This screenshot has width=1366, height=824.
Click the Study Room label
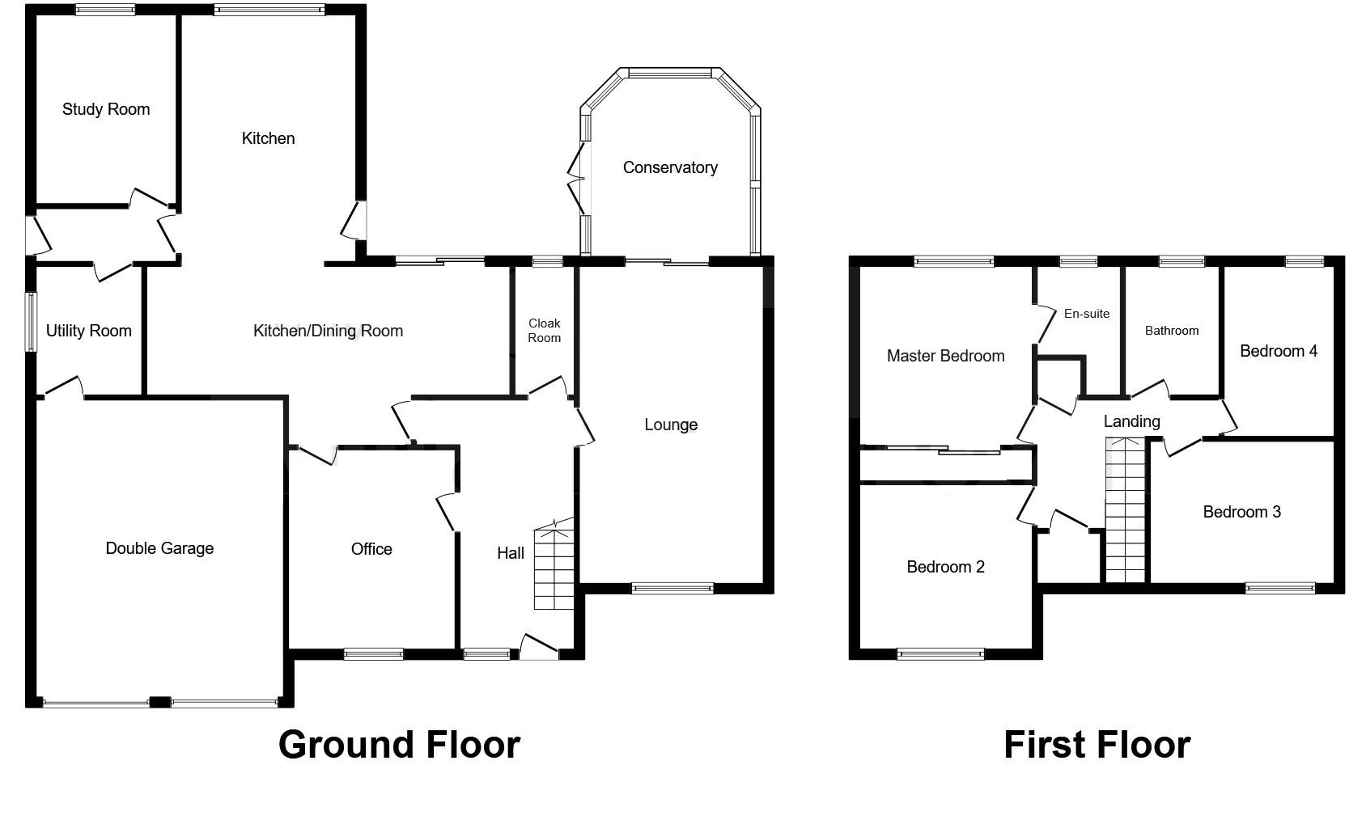[x=106, y=109]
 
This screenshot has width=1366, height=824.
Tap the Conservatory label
[x=670, y=167]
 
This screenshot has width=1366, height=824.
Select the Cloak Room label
[x=545, y=331]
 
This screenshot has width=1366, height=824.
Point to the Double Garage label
[x=159, y=548]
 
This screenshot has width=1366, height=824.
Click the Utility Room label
[x=88, y=331]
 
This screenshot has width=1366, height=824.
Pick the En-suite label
[x=1087, y=314]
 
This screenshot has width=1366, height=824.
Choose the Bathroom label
[x=1172, y=331]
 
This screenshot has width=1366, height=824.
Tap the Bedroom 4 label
[x=1279, y=351]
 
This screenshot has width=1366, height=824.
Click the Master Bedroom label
[x=945, y=356]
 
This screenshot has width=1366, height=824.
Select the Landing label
[x=1131, y=421]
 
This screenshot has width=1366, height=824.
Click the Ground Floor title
[x=399, y=745]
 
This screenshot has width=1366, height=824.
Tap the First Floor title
[x=1097, y=745]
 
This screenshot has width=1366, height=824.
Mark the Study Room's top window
[x=106, y=11]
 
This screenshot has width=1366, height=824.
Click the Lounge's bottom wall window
[x=672, y=589]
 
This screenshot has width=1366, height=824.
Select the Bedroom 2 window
[x=940, y=654]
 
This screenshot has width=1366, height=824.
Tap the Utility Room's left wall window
[x=31, y=322]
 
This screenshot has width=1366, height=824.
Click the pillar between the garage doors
[x=160, y=702]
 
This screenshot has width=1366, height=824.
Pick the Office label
[x=371, y=549]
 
